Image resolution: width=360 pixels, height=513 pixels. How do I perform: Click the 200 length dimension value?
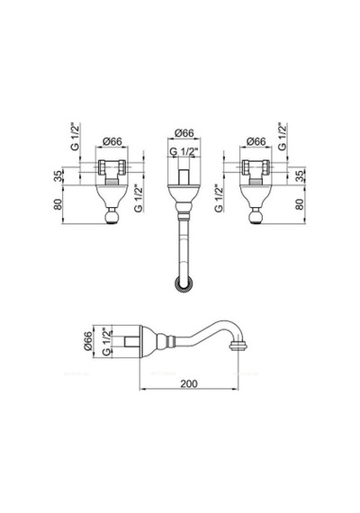pyautogui.click(x=189, y=383)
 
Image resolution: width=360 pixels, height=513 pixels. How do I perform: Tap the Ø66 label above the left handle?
pyautogui.click(x=112, y=141)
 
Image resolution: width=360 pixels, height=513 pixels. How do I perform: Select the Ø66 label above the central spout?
pyautogui.click(x=184, y=133)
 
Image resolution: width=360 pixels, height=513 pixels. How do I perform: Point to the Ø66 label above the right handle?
pyautogui.click(x=256, y=141)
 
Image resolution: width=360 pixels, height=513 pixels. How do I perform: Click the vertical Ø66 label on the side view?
pyautogui.click(x=88, y=341)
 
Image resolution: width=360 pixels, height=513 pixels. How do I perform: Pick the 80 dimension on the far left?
pyautogui.click(x=58, y=204)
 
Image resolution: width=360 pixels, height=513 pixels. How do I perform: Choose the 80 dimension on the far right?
pyautogui.click(x=300, y=204)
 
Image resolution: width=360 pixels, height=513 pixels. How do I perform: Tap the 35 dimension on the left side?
pyautogui.click(x=58, y=176)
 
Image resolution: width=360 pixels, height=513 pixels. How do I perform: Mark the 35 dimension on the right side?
pyautogui.click(x=300, y=176)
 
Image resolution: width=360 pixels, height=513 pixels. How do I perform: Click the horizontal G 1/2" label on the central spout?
pyautogui.click(x=184, y=152)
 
